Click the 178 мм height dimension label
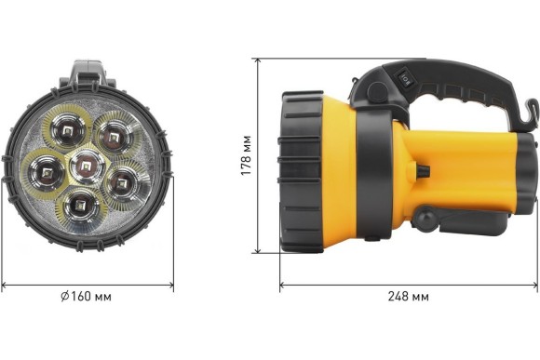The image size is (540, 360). (246, 155)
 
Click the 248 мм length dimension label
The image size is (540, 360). (409, 297)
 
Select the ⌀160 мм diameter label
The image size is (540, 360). (86, 297)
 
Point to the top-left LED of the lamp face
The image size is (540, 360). (67, 131)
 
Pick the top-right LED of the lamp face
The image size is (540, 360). (114, 137)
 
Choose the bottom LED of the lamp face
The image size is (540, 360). (81, 207)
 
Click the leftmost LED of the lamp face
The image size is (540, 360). (46, 173)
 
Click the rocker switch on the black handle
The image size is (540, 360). (403, 79)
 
